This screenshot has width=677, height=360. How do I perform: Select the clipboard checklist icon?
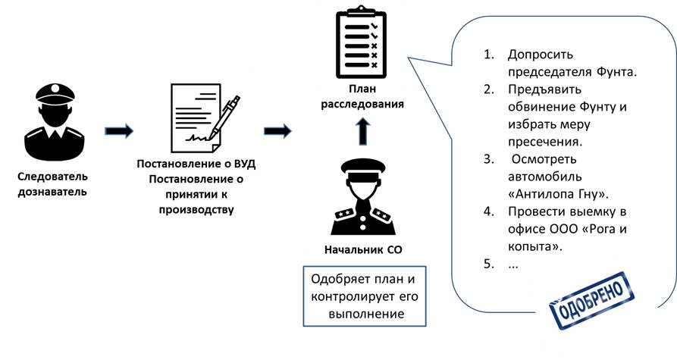coord(359,43)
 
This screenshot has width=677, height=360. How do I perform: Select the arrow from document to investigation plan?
coord(278,131)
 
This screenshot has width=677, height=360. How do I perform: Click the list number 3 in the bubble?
coord(490,159)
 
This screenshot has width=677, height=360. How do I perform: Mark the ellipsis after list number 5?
coord(513,265)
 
